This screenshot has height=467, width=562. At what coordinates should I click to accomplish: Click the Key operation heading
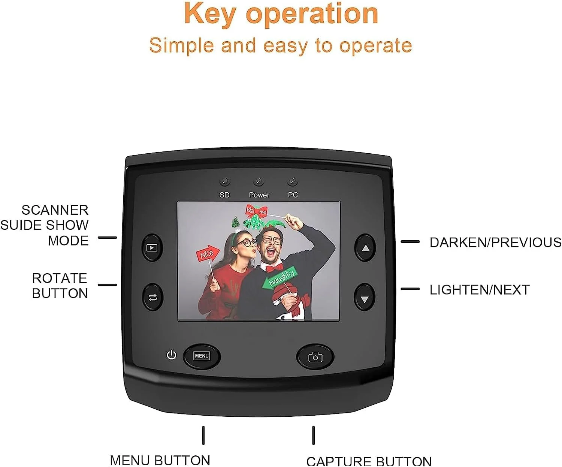281,13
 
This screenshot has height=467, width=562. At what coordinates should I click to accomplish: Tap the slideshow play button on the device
152,248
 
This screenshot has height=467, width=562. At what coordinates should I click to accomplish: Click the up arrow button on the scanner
365,248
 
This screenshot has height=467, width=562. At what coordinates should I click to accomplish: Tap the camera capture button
315,357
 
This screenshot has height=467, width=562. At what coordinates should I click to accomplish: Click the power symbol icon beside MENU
171,355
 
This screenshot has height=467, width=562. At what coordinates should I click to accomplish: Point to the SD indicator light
224,182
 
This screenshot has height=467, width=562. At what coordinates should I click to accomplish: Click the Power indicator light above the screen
259,182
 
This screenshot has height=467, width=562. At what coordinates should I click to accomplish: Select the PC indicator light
292,182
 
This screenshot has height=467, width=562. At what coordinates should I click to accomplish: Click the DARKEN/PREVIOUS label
495,242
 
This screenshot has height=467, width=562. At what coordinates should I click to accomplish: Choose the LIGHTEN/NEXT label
479,290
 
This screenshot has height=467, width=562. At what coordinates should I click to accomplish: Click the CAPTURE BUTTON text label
369,461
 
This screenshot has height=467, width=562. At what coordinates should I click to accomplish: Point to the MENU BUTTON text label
160,460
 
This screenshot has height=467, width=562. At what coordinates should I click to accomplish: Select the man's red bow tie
274,268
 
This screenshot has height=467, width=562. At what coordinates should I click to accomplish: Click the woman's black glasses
244,242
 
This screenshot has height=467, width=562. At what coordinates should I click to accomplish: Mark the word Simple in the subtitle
181,45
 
